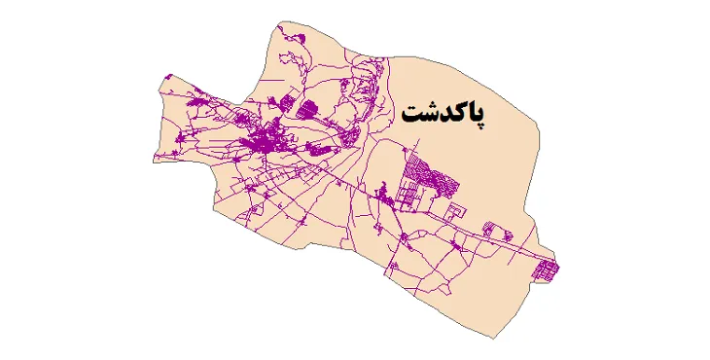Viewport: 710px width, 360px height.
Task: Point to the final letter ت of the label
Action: [412, 115]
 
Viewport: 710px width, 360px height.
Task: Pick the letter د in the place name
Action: [441, 116]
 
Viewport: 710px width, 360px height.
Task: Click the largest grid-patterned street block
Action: [425, 179]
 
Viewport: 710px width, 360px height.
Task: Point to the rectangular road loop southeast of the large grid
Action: [452, 211]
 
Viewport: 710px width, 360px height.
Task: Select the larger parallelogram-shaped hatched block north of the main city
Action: [306, 109]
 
